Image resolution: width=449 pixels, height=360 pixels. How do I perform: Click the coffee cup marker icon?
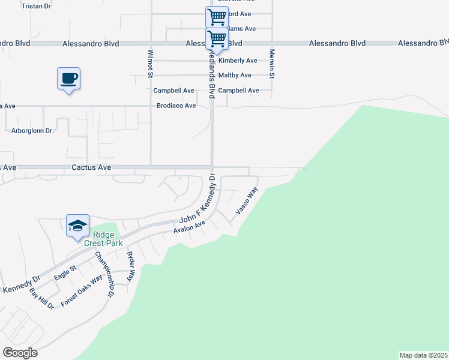click(x=68, y=79)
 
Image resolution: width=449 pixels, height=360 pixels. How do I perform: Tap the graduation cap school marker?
click(x=78, y=226)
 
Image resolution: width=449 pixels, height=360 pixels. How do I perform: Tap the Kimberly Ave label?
click(x=238, y=61)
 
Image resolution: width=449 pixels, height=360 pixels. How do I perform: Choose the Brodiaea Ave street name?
click(x=176, y=106)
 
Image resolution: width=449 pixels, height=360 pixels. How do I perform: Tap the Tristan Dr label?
click(x=36, y=5)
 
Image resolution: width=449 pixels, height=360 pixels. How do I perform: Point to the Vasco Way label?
click(x=247, y=201)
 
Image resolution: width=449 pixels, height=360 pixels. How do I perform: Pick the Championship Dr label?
click(x=103, y=274)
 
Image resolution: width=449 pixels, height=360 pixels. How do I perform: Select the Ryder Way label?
click(x=131, y=263)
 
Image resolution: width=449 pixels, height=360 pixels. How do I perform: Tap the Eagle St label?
click(x=65, y=272)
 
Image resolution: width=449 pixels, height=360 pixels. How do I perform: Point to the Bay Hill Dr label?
click(x=42, y=298)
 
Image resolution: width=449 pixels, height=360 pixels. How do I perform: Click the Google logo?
click(x=20, y=353)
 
